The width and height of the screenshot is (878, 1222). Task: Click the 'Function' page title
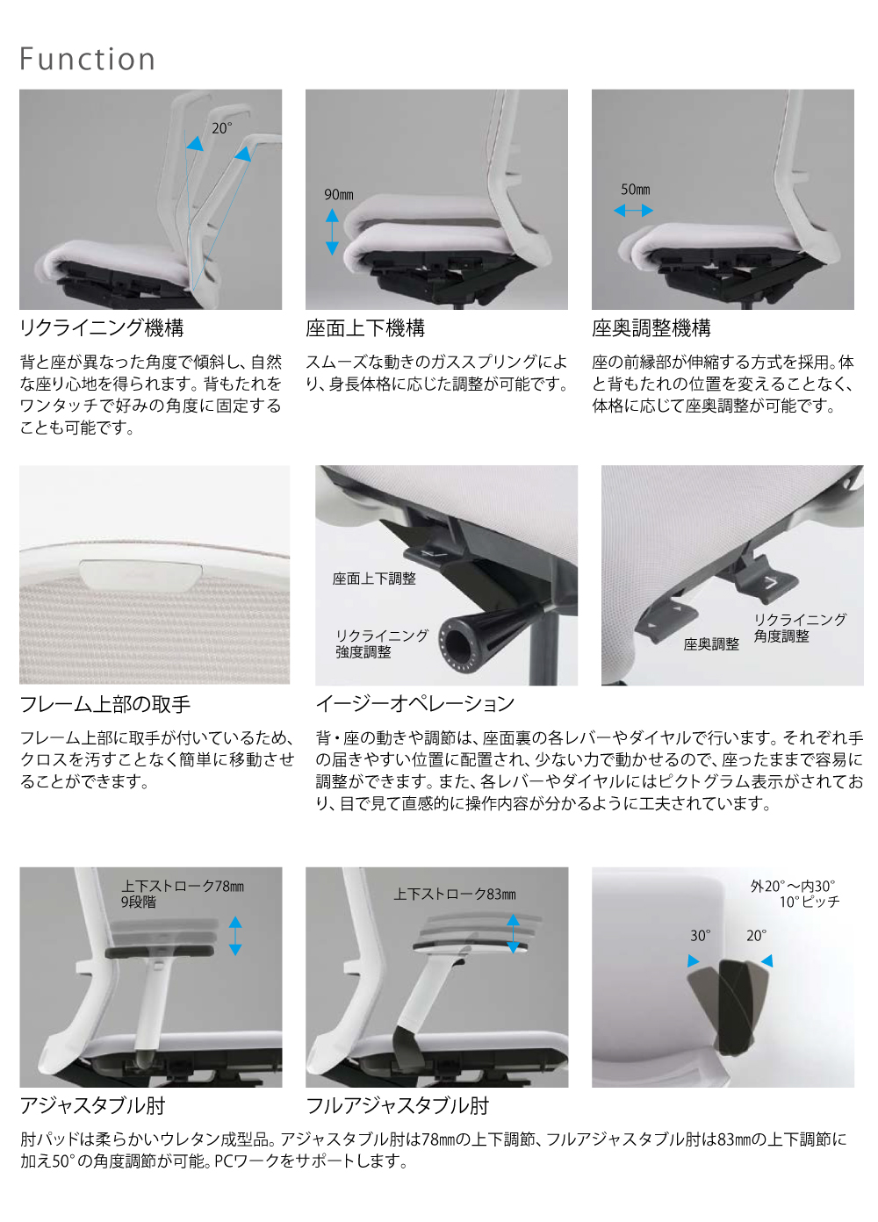pyautogui.click(x=87, y=59)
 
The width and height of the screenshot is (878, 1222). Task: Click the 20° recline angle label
pyautogui.click(x=221, y=128)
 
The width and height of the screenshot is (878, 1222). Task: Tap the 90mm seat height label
pyautogui.click(x=338, y=195)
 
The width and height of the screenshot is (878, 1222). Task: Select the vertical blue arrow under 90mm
pyautogui.click(x=332, y=232)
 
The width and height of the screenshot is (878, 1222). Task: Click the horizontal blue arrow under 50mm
pyautogui.click(x=633, y=211)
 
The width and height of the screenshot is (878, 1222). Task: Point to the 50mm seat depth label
pyautogui.click(x=635, y=190)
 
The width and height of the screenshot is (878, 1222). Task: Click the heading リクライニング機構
pyautogui.click(x=102, y=328)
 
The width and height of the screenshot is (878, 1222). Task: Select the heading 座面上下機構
pyautogui.click(x=365, y=328)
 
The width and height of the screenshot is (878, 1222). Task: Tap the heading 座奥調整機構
pyautogui.click(x=651, y=328)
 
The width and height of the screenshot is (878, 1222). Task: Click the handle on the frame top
pyautogui.click(x=141, y=572)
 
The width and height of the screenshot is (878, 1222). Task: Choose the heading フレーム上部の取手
pyautogui.click(x=104, y=704)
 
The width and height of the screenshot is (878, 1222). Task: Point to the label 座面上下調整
pyautogui.click(x=374, y=579)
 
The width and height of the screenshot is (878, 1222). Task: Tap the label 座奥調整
pyautogui.click(x=711, y=644)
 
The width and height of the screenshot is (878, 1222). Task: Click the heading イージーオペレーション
pyautogui.click(x=414, y=704)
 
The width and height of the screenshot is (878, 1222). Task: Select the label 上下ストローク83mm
pyautogui.click(x=455, y=895)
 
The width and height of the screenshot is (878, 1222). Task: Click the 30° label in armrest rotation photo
pyautogui.click(x=700, y=936)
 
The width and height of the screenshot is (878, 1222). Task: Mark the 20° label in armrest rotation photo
pyautogui.click(x=756, y=936)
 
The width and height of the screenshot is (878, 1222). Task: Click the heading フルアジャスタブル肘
pyautogui.click(x=397, y=1106)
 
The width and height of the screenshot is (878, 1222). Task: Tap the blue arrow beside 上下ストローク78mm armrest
pyautogui.click(x=235, y=936)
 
